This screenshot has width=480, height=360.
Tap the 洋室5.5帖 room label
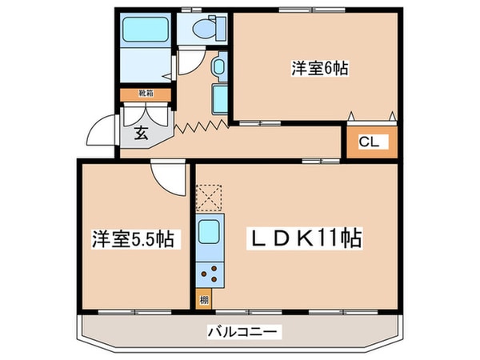[134, 238]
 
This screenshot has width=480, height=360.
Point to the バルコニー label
[238, 330]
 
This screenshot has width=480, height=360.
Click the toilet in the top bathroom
[203, 30]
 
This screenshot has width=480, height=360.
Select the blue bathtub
[146, 31]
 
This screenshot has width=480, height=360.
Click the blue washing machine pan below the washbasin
[222, 99]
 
